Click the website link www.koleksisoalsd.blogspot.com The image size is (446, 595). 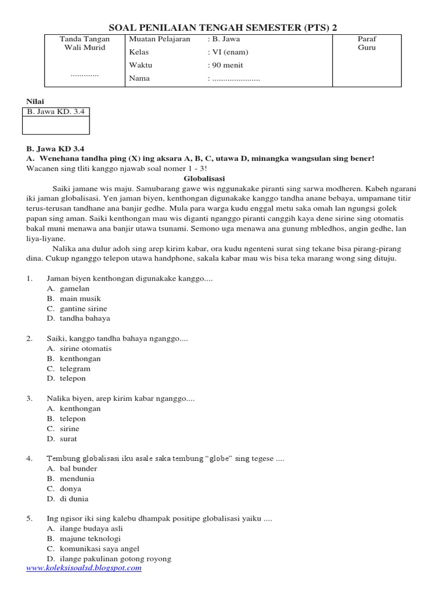[84, 568]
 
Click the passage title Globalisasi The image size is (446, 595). [204, 178]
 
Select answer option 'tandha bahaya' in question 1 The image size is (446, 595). [85, 318]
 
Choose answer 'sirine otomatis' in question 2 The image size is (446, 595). [85, 349]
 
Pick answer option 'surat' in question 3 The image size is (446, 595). [68, 439]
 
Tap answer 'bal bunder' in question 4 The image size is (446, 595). [78, 468]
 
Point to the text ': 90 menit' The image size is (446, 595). [225, 65]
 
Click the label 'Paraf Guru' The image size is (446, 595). [367, 43]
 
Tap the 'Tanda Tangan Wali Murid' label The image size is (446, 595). [85, 43]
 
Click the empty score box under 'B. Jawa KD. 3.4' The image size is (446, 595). [56, 126]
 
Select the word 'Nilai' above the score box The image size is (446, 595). [35, 101]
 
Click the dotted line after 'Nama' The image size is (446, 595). [236, 78]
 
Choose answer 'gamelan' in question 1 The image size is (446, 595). [74, 288]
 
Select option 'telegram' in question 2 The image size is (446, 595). [75, 368]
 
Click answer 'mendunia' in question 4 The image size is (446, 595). [77, 479]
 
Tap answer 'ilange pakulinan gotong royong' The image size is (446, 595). [116, 558]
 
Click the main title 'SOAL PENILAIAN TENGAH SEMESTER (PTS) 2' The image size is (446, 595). [223, 27]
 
